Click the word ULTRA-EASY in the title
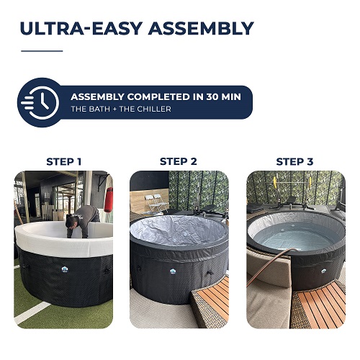click(81, 29)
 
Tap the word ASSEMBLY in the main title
click(201, 29)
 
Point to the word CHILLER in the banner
click(154, 109)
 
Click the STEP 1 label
click(64, 162)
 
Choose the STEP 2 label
click(179, 161)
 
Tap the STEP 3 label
click(294, 161)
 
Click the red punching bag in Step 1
click(109, 199)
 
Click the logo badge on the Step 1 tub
click(65, 269)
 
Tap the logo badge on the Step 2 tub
click(173, 271)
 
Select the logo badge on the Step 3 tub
click(324, 271)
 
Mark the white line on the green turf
click(32, 312)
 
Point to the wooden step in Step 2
click(211, 301)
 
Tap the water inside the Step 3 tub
click(297, 236)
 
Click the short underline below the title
click(42, 51)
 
